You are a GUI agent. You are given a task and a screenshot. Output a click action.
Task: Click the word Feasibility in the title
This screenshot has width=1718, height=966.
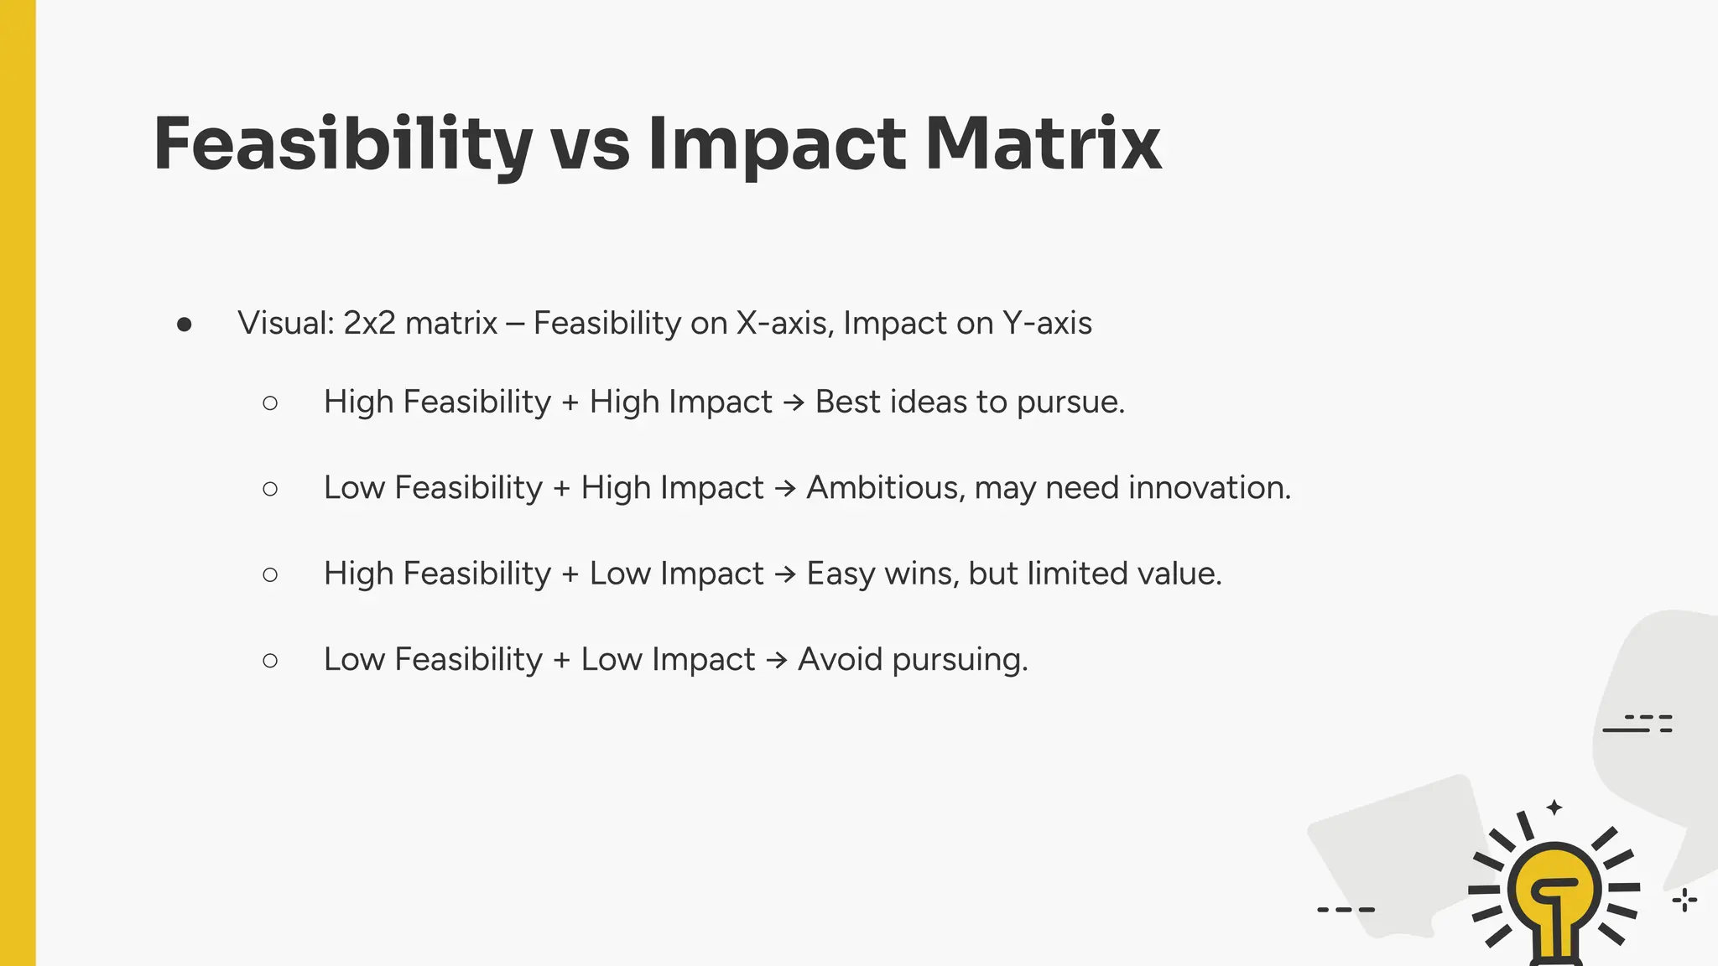click(x=342, y=144)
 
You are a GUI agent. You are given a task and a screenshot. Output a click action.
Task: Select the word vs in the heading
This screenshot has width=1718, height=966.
click(x=590, y=144)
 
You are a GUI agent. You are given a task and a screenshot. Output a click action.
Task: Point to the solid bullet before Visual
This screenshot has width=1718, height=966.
click(x=185, y=325)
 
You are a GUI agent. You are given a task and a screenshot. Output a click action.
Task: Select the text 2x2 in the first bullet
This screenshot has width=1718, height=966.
click(x=369, y=323)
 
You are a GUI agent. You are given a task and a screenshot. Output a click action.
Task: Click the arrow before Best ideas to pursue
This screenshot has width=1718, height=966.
click(x=794, y=403)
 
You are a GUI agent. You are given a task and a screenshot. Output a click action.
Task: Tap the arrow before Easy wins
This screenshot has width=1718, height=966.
click(x=785, y=574)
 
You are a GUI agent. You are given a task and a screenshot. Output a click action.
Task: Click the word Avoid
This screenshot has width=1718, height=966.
click(x=840, y=659)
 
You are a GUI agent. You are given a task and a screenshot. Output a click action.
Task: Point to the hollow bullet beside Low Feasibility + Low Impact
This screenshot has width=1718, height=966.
click(x=270, y=661)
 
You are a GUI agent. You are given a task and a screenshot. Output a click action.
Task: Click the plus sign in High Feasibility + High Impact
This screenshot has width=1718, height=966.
click(x=570, y=403)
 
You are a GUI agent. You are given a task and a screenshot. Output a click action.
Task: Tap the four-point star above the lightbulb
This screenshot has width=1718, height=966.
click(x=1554, y=808)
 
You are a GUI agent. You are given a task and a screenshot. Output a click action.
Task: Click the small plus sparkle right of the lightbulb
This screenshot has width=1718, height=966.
click(x=1684, y=901)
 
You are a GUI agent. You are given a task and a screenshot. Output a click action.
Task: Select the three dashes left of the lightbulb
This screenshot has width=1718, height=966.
click(x=1346, y=909)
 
